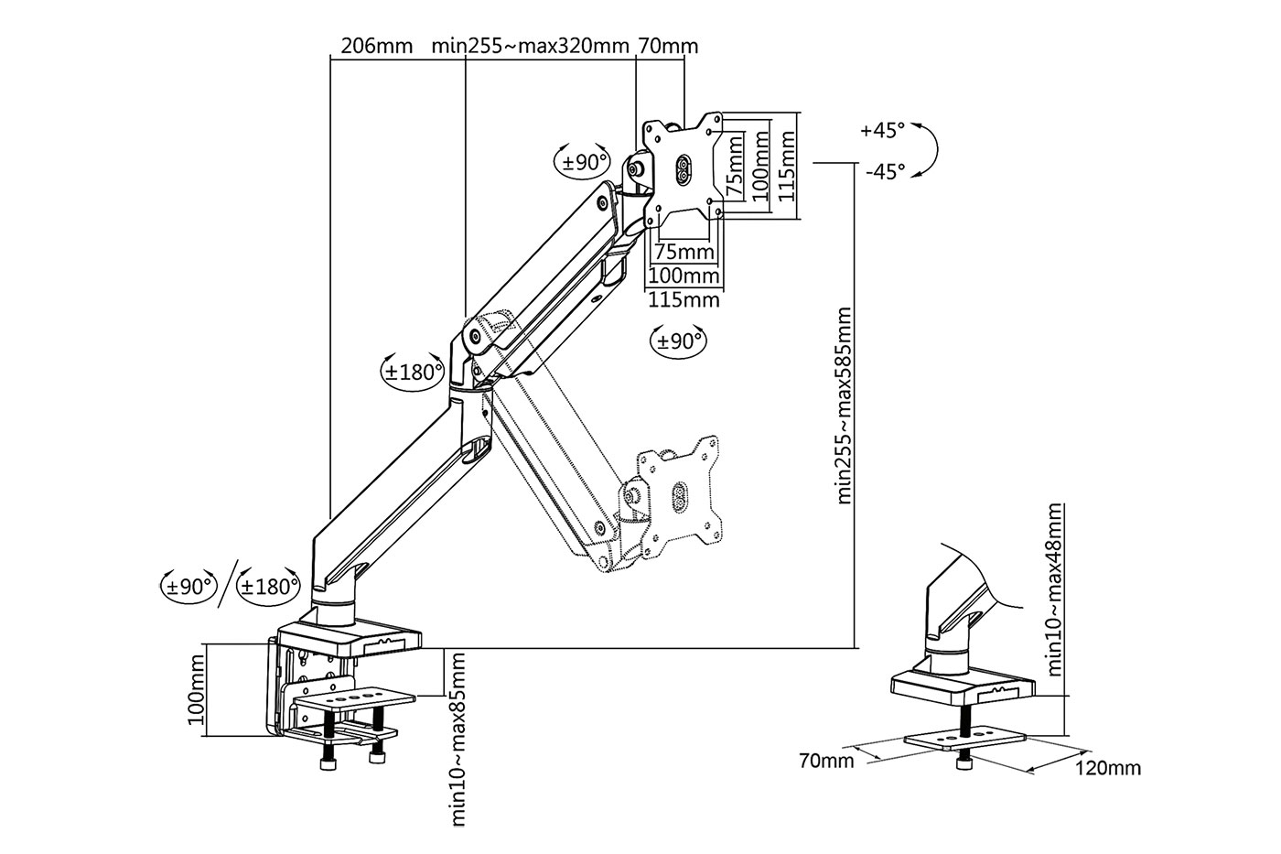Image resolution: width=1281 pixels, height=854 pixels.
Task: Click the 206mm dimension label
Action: pyautogui.click(x=376, y=46)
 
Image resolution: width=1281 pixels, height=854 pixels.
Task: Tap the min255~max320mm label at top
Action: pyautogui.click(x=530, y=46)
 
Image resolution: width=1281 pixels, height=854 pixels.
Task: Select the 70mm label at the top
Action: pyautogui.click(x=668, y=46)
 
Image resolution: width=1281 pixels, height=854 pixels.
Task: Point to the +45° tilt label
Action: pyautogui.click(x=883, y=130)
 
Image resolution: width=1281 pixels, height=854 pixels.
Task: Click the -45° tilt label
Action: pyautogui.click(x=886, y=171)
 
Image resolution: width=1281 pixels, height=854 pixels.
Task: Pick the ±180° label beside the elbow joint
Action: pyautogui.click(x=414, y=373)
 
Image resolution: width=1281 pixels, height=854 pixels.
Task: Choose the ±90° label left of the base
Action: pyautogui.click(x=189, y=587)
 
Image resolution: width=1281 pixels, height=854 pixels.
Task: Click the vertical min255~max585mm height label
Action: pyautogui.click(x=844, y=406)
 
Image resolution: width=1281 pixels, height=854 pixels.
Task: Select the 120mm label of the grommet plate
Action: pyautogui.click(x=1108, y=768)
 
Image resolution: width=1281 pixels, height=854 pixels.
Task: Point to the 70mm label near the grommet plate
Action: pyautogui.click(x=826, y=761)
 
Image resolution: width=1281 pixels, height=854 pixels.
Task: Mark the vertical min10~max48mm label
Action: pyautogui.click(x=1054, y=589)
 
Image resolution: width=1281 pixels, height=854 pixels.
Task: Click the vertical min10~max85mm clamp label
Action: pyautogui.click(x=458, y=740)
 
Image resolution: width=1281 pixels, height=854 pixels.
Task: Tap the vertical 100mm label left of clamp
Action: pyautogui.click(x=196, y=690)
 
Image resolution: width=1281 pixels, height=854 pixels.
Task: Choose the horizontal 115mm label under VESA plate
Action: pyautogui.click(x=684, y=299)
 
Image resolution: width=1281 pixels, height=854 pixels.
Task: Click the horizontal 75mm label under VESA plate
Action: pyautogui.click(x=684, y=252)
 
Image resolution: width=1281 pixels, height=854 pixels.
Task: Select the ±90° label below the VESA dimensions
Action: pyautogui.click(x=679, y=341)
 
